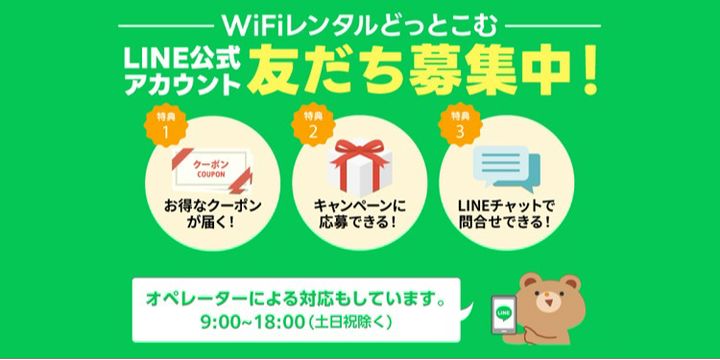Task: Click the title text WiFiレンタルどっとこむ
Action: [x=360, y=26]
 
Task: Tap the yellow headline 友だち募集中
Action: [x=409, y=73]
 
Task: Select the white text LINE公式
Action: [x=182, y=59]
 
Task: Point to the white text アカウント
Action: [x=182, y=84]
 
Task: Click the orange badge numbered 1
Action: [x=166, y=125]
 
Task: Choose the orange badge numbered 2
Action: [x=313, y=125]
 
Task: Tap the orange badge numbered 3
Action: [x=460, y=125]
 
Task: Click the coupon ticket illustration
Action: [x=213, y=170]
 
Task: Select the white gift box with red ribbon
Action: [x=360, y=165]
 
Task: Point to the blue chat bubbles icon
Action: [x=506, y=169]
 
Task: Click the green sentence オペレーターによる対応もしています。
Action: [x=295, y=300]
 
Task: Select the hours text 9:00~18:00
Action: [x=253, y=322]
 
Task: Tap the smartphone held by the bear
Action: [x=504, y=315]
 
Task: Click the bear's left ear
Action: [x=530, y=282]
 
